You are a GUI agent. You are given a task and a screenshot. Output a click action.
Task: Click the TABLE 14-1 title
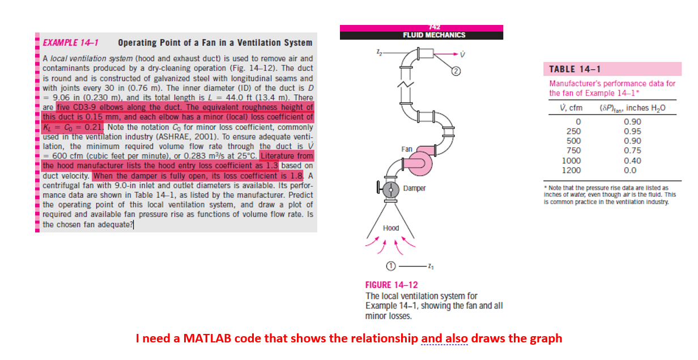[x=575, y=69]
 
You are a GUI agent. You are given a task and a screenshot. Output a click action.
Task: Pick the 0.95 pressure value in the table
[x=632, y=131]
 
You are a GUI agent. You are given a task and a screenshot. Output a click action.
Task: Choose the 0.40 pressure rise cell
[x=632, y=160]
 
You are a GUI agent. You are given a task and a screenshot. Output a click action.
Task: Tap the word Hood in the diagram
[x=391, y=228]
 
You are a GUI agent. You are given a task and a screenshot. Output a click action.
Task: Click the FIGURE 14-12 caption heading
[x=391, y=285]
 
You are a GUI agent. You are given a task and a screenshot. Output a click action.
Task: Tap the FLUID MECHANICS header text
[x=434, y=35]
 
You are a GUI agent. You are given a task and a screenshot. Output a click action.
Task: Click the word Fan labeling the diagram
[x=407, y=149]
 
